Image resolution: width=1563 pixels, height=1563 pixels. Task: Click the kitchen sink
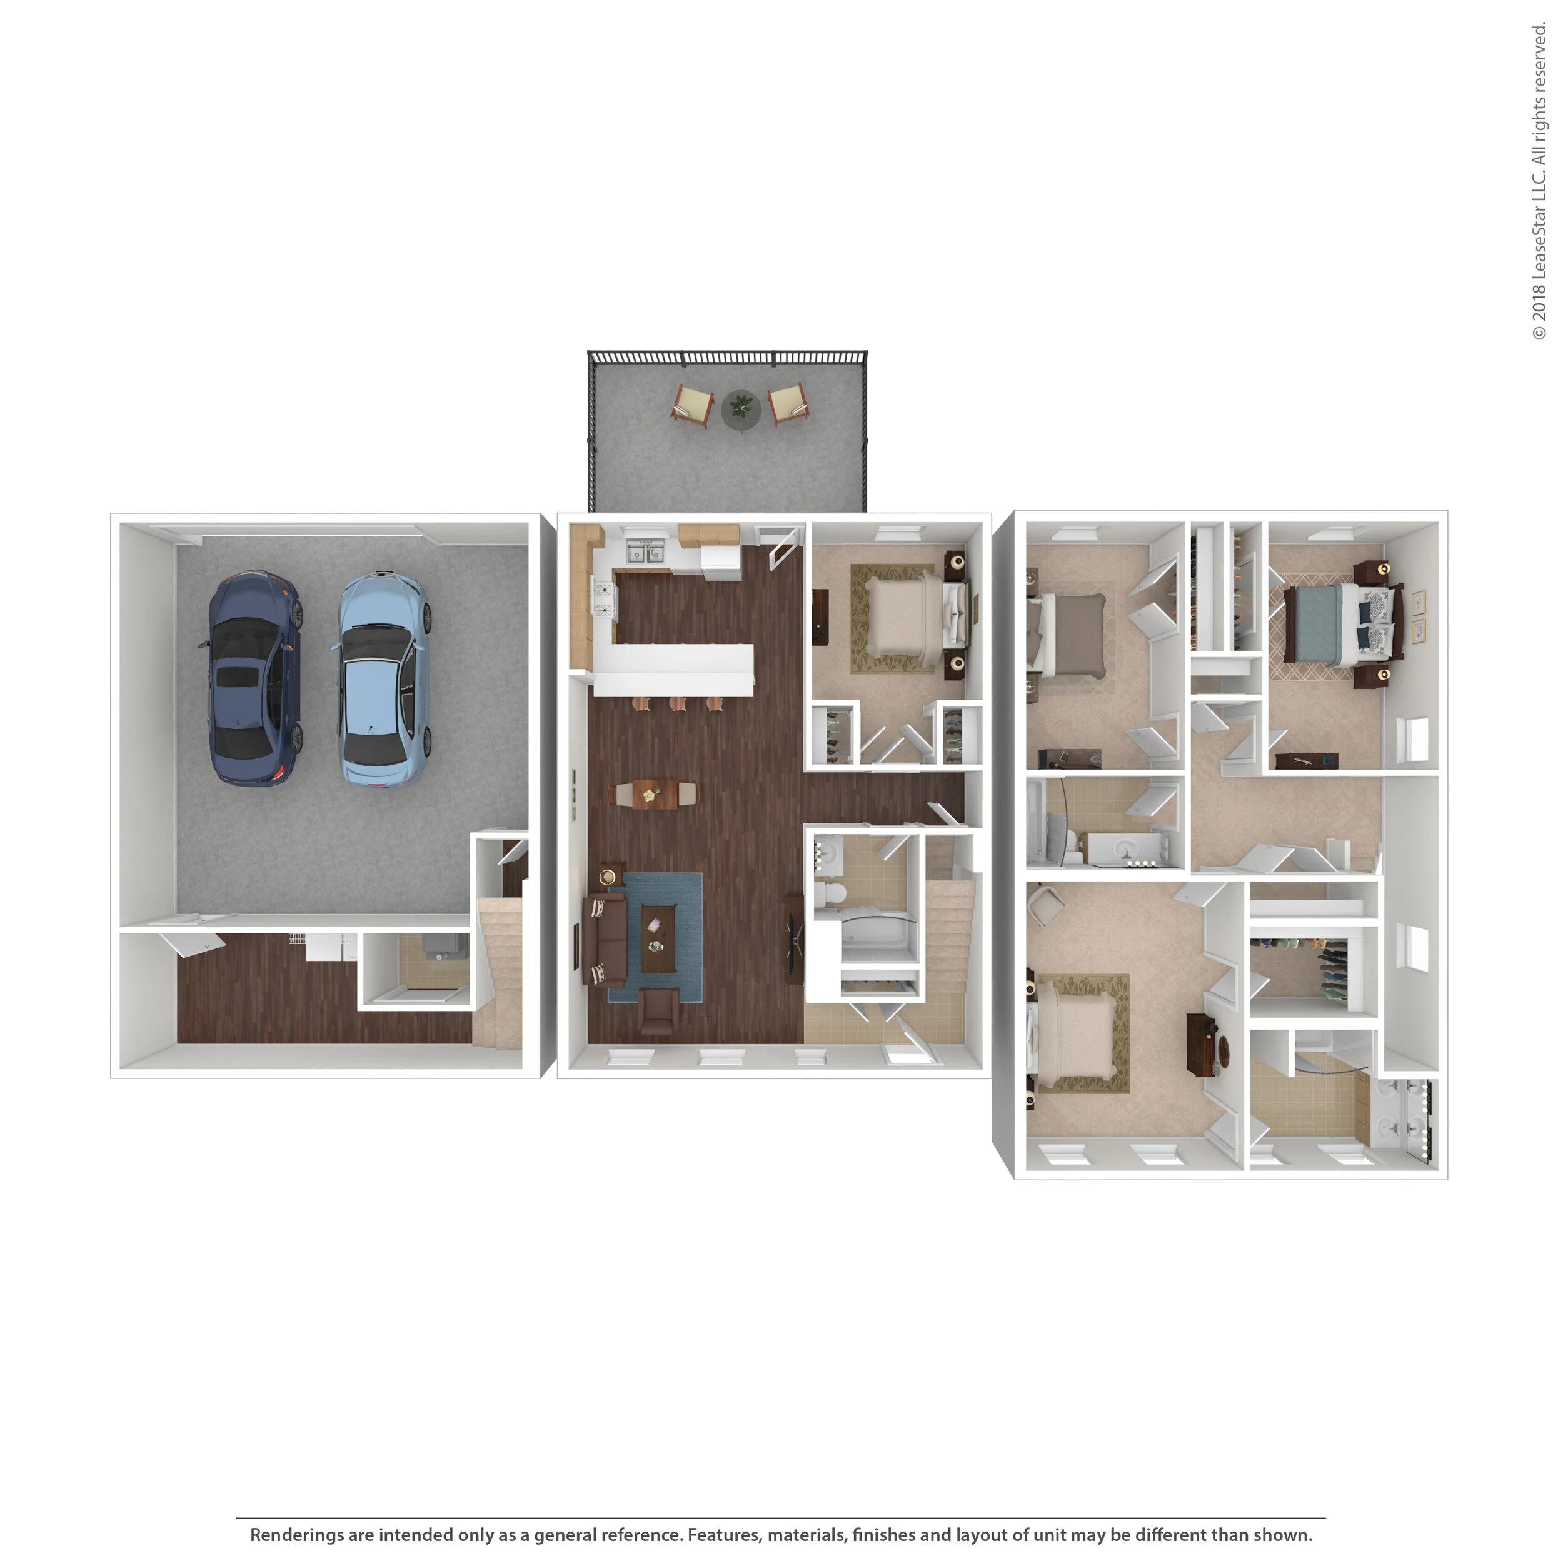click(646, 550)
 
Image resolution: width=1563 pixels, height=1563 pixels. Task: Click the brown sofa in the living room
click(603, 940)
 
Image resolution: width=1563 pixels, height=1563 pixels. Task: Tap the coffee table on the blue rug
click(658, 939)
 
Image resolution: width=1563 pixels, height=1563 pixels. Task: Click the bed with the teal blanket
click(1337, 625)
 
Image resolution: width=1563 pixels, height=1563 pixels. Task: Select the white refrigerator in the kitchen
click(720, 561)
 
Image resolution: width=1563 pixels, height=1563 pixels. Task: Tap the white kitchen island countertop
click(673, 670)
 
